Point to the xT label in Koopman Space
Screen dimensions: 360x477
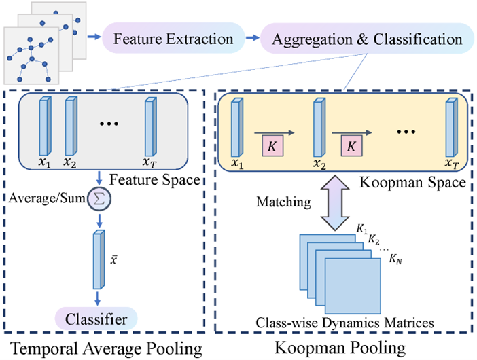(450, 164)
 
